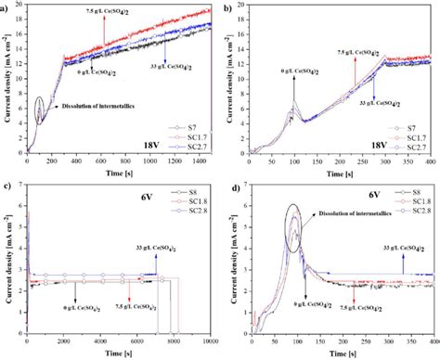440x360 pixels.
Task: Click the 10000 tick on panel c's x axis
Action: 212,342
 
